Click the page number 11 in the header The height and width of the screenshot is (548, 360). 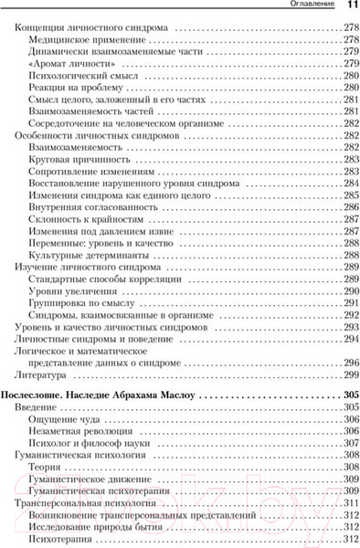point(350,6)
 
